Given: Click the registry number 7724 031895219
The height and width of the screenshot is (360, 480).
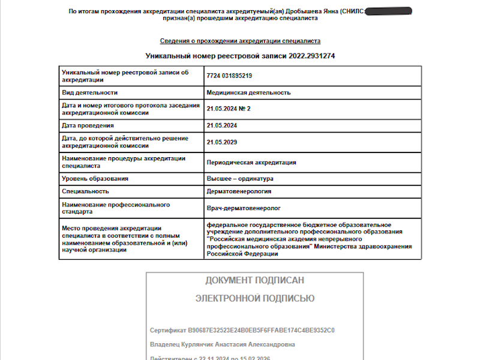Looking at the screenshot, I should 229,76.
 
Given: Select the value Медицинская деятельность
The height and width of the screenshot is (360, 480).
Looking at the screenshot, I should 248,93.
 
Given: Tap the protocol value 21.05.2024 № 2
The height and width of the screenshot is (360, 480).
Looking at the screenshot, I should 228,109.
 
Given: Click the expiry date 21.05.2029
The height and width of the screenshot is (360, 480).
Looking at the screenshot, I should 222,142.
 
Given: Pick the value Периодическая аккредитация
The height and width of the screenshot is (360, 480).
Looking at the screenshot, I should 251,163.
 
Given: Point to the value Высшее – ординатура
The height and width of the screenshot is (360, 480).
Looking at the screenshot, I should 239,179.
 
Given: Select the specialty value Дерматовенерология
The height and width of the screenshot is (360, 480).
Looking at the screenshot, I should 238,191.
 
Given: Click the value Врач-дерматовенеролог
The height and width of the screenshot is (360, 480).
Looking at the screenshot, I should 244,208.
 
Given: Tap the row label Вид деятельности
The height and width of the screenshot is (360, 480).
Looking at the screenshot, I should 89,93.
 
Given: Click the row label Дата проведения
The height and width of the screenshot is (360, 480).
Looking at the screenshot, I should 88,125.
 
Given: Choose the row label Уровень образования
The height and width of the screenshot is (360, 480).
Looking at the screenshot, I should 95,179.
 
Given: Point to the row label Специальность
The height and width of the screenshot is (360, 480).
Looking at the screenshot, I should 85,191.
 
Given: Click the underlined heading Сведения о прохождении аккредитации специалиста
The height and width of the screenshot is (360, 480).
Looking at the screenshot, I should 240,41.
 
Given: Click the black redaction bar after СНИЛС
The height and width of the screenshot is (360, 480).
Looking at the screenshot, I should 388,11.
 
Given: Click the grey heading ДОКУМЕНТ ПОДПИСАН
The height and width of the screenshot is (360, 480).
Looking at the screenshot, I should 254,281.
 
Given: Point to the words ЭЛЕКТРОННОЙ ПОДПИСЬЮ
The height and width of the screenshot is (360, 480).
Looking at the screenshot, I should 254,298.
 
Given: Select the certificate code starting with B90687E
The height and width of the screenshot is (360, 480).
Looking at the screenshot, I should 261,331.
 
